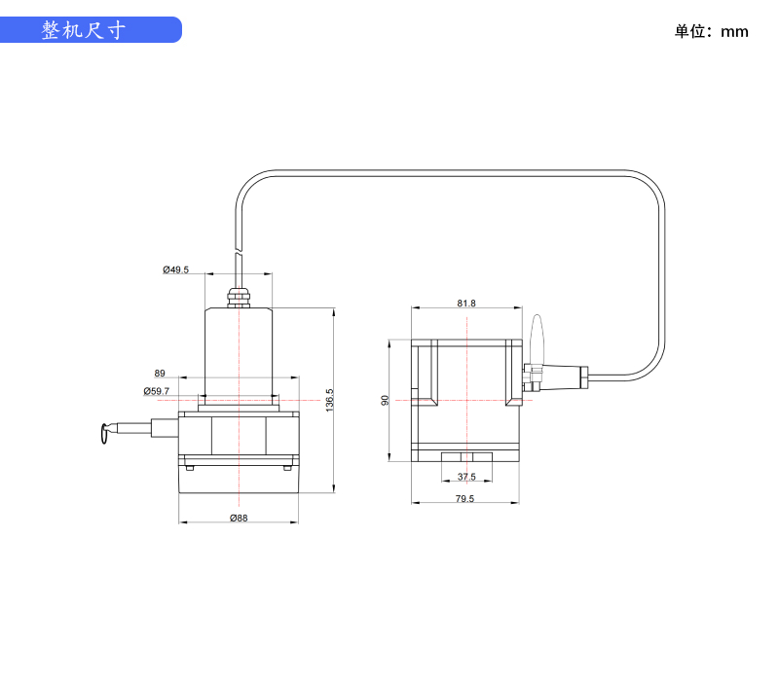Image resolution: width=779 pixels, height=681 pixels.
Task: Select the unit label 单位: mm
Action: coord(712,31)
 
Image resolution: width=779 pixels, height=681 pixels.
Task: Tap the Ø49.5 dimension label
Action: coord(175,269)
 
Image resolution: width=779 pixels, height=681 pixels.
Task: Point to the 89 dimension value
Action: coord(160,373)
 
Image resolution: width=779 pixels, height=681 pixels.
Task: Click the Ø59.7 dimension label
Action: coord(156,391)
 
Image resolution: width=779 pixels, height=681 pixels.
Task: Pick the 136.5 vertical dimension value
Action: coord(330,400)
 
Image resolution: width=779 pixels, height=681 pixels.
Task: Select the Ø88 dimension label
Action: coord(239,518)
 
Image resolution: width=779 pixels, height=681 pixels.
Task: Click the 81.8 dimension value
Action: coord(466,303)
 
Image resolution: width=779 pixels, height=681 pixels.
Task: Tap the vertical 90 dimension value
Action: coord(386,400)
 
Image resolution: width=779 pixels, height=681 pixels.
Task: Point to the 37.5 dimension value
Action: coord(466,477)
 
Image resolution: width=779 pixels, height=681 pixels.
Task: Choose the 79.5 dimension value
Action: coord(465,498)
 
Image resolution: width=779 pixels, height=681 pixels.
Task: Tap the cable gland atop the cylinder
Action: coord(238,295)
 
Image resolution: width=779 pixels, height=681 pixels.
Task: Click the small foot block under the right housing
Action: coord(466,457)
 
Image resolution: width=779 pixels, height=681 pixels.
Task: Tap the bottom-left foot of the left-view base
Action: coord(190,467)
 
